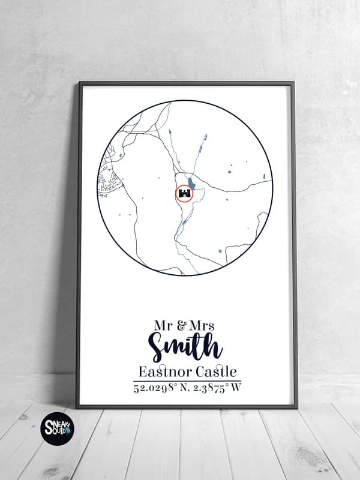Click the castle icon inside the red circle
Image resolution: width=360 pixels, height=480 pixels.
tap(185, 194)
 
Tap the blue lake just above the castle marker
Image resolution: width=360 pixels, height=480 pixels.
tap(191, 182)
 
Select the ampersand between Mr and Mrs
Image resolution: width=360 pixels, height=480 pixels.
tap(181, 326)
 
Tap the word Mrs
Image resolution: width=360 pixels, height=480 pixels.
tap(202, 326)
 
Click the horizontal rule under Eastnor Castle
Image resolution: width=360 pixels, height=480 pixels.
tap(187, 380)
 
